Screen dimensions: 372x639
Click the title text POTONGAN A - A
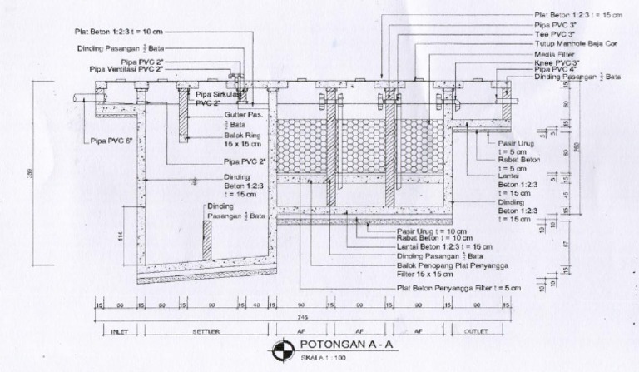coord(337,348)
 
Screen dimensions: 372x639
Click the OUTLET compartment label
coord(473,330)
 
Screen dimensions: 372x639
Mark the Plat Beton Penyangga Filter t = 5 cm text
coord(458,288)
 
